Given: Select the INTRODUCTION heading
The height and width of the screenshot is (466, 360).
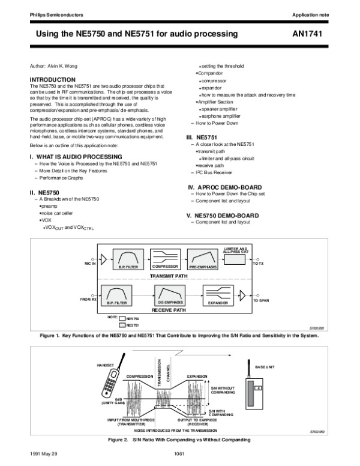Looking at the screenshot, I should click(53, 79).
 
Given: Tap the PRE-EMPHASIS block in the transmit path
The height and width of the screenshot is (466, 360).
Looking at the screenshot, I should click(204, 259).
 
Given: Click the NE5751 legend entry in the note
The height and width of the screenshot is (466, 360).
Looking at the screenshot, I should click(132, 325).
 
